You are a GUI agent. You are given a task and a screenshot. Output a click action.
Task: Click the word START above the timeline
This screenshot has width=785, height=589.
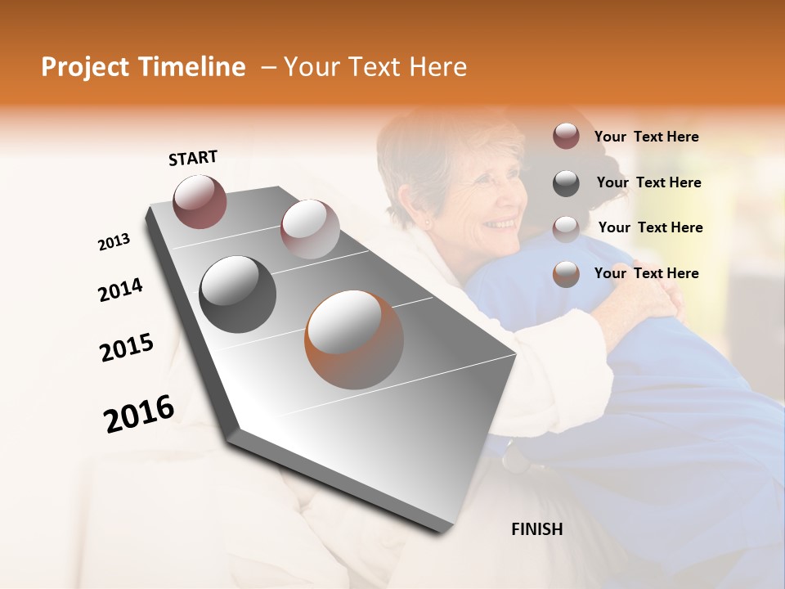[x=193, y=158]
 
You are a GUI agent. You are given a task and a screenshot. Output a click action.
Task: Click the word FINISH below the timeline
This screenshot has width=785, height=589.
[x=537, y=529]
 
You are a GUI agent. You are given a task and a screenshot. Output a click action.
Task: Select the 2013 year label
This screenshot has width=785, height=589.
[x=114, y=242]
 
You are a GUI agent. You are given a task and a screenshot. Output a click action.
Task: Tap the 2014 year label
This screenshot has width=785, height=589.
[x=120, y=290]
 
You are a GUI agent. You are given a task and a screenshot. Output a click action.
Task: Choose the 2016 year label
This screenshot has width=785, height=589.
[x=139, y=413]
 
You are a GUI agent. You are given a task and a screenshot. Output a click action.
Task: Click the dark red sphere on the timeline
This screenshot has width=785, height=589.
[x=200, y=201]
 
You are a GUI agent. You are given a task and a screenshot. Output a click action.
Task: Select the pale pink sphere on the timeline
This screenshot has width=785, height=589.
[x=310, y=229]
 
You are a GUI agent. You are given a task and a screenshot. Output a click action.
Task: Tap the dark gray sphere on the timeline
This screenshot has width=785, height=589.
[x=238, y=294]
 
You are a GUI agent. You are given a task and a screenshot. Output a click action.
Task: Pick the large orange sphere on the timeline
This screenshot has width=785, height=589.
[x=354, y=339]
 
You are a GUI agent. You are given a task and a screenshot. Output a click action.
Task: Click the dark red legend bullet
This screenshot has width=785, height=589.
[x=566, y=137]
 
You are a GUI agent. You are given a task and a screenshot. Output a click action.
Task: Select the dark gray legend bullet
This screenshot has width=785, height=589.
[x=566, y=183]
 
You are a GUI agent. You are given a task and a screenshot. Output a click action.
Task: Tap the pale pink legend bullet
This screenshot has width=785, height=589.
[x=566, y=228]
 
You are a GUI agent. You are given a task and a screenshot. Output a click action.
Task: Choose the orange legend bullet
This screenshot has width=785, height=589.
[x=566, y=274]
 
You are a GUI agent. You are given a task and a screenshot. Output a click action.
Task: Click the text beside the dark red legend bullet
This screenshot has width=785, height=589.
[x=646, y=137]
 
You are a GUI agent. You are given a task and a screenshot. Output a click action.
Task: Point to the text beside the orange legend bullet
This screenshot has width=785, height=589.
[x=646, y=273]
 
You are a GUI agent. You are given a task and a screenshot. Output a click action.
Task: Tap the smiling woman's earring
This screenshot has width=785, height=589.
[x=425, y=222]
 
